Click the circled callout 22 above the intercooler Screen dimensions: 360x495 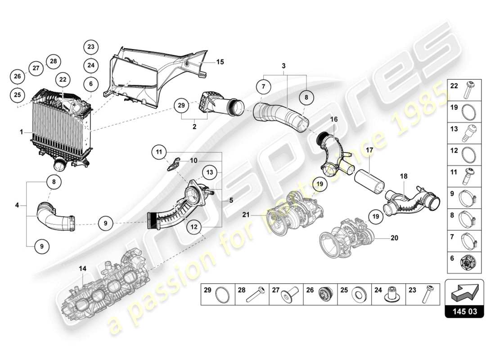[x=63, y=79]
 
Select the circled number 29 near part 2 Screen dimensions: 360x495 [x=181, y=106]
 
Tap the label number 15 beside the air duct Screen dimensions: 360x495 [x=220, y=62]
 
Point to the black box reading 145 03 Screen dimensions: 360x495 [x=464, y=310]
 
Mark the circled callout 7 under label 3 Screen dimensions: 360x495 [x=264, y=85]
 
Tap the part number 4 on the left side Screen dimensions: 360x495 [x=17, y=206]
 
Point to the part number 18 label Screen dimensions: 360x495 [x=403, y=177]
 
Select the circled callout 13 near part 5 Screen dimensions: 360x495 [x=210, y=171]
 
